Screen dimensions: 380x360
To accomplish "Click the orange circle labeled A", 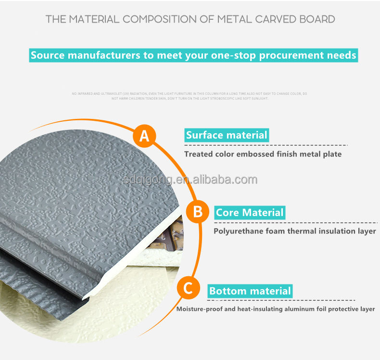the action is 144,136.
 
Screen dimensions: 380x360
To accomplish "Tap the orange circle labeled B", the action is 197,212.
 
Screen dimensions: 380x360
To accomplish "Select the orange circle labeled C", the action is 188,289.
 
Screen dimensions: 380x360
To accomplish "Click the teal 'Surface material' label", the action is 227,135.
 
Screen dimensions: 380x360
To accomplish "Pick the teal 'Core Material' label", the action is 250,212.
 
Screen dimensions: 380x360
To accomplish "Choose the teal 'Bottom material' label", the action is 250,291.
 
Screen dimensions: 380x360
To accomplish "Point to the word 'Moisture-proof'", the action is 199,309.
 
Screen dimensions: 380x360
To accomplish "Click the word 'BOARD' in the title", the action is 318,20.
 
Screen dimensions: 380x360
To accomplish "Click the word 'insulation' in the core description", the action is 341,231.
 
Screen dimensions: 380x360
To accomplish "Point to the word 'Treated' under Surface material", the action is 199,154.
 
